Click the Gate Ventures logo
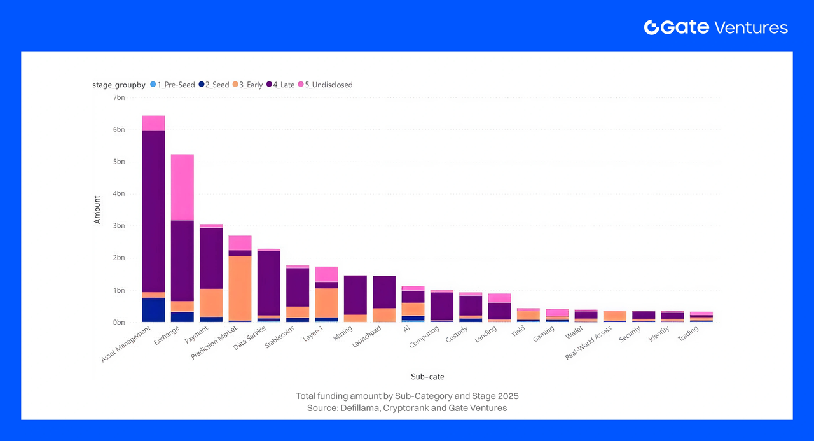tap(716, 27)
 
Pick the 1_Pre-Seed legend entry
tap(173, 85)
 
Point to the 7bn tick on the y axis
tap(119, 97)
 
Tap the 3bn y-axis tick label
tap(119, 226)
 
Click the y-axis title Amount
tap(97, 209)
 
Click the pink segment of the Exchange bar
tap(183, 187)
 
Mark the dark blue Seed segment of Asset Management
tap(153, 309)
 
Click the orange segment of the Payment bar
tap(211, 302)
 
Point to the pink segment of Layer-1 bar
tap(327, 274)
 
